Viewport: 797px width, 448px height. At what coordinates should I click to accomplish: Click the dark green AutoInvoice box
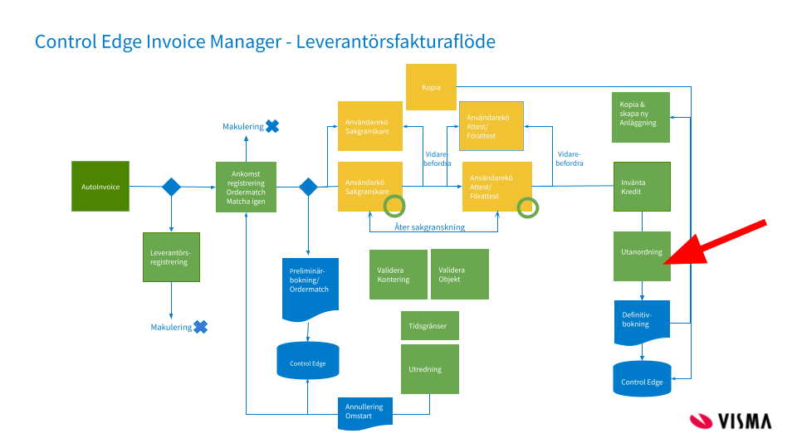(100, 186)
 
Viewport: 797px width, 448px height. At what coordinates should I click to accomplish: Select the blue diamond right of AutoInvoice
(171, 187)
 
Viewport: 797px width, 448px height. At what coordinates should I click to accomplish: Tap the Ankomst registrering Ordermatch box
(245, 187)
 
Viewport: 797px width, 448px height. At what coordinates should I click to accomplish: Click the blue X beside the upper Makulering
(271, 126)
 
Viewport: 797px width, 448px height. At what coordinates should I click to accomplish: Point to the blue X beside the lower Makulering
(200, 327)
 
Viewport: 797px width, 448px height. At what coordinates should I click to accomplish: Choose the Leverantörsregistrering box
(170, 257)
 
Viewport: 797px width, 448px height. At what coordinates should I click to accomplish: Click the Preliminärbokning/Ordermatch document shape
(309, 290)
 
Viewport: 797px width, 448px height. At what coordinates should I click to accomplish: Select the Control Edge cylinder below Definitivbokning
(641, 378)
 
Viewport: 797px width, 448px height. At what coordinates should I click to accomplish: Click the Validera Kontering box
(396, 275)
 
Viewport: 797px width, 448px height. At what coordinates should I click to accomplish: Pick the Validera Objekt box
(459, 275)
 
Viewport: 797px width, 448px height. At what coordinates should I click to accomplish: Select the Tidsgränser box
(429, 326)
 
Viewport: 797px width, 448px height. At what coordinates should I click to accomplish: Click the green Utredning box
(429, 369)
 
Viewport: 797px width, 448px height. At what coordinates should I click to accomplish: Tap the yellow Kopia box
(431, 87)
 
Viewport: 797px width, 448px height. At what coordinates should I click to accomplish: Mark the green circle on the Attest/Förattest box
(527, 207)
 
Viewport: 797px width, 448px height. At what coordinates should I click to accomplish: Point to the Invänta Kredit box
(641, 187)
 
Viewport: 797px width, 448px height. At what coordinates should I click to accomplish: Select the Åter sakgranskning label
(429, 227)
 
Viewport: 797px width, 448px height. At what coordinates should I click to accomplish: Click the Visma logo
(731, 420)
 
